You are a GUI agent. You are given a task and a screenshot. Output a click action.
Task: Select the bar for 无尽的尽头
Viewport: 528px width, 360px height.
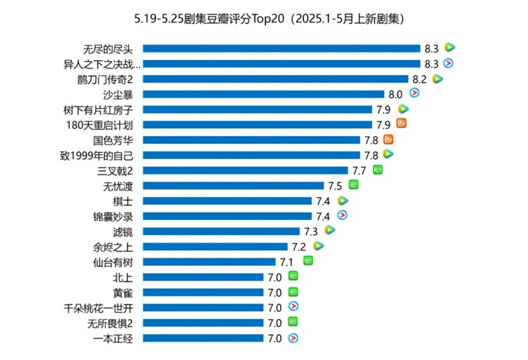pyautogui.click(x=281, y=48)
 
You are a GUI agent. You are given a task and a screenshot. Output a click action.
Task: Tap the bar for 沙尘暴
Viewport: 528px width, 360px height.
pyautogui.click(x=263, y=94)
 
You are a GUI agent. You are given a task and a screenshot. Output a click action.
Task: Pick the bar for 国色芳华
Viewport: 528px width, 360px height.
pyautogui.click(x=251, y=140)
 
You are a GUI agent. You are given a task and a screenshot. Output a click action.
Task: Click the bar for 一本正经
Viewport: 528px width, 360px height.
pyautogui.click(x=203, y=338)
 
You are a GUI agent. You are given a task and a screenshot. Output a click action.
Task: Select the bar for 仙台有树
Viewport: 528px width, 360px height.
pyautogui.click(x=209, y=262)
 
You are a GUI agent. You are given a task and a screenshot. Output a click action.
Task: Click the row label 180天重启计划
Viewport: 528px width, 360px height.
pyautogui.click(x=100, y=125)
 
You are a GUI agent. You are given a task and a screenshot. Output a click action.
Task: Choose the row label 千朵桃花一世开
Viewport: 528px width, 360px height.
pyautogui.click(x=98, y=308)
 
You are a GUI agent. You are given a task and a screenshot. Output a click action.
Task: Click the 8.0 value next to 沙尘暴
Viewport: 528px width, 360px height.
pyautogui.click(x=395, y=94)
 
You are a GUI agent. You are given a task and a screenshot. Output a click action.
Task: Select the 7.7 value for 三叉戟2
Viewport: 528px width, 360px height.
pyautogui.click(x=360, y=170)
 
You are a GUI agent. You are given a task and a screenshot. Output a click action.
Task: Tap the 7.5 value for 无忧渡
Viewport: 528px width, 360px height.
pyautogui.click(x=335, y=186)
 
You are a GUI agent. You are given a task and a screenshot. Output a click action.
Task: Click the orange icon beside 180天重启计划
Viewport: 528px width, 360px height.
pyautogui.click(x=402, y=124)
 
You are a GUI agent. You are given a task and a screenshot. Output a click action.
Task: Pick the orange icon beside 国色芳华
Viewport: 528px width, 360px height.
pyautogui.click(x=389, y=139)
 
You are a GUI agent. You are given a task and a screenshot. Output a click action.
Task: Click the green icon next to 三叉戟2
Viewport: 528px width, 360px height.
pyautogui.click(x=378, y=170)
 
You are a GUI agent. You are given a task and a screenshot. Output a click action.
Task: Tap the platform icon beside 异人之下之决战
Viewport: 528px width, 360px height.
pyautogui.click(x=449, y=63)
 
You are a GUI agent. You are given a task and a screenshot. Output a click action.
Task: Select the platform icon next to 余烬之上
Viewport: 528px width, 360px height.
pyautogui.click(x=318, y=246)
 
